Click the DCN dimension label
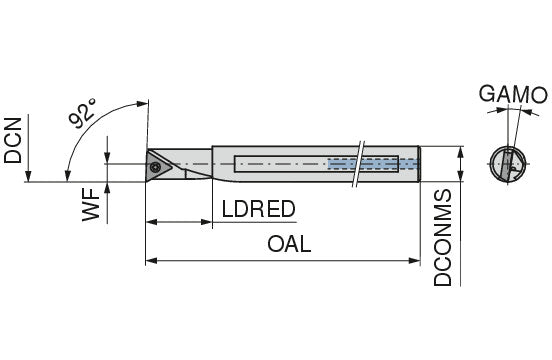[x=13, y=140]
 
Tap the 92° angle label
[x=82, y=113]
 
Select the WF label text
[x=91, y=204]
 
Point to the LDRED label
[x=258, y=209]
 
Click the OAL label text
[x=289, y=244]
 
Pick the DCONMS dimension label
[x=442, y=238]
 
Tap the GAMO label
[x=513, y=94]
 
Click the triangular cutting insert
[x=158, y=166]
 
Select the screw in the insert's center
[x=155, y=168]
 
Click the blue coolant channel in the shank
[x=373, y=164]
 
